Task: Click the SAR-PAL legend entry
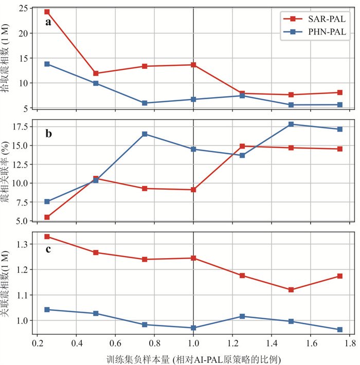coord(313,19)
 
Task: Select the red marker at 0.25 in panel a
coord(47,12)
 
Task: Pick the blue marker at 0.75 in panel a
coord(145,103)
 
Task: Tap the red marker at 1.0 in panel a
coord(193,65)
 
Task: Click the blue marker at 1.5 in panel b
coord(291,124)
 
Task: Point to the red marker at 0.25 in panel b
coord(47,217)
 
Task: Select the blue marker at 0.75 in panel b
coord(145,134)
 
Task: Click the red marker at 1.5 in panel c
coord(291,290)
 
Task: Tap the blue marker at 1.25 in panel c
coord(242,316)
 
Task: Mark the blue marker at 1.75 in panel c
coord(340,330)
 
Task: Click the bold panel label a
coord(48,22)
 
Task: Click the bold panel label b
coord(48,134)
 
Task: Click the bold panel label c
coord(48,250)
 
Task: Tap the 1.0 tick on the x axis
coord(193,342)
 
